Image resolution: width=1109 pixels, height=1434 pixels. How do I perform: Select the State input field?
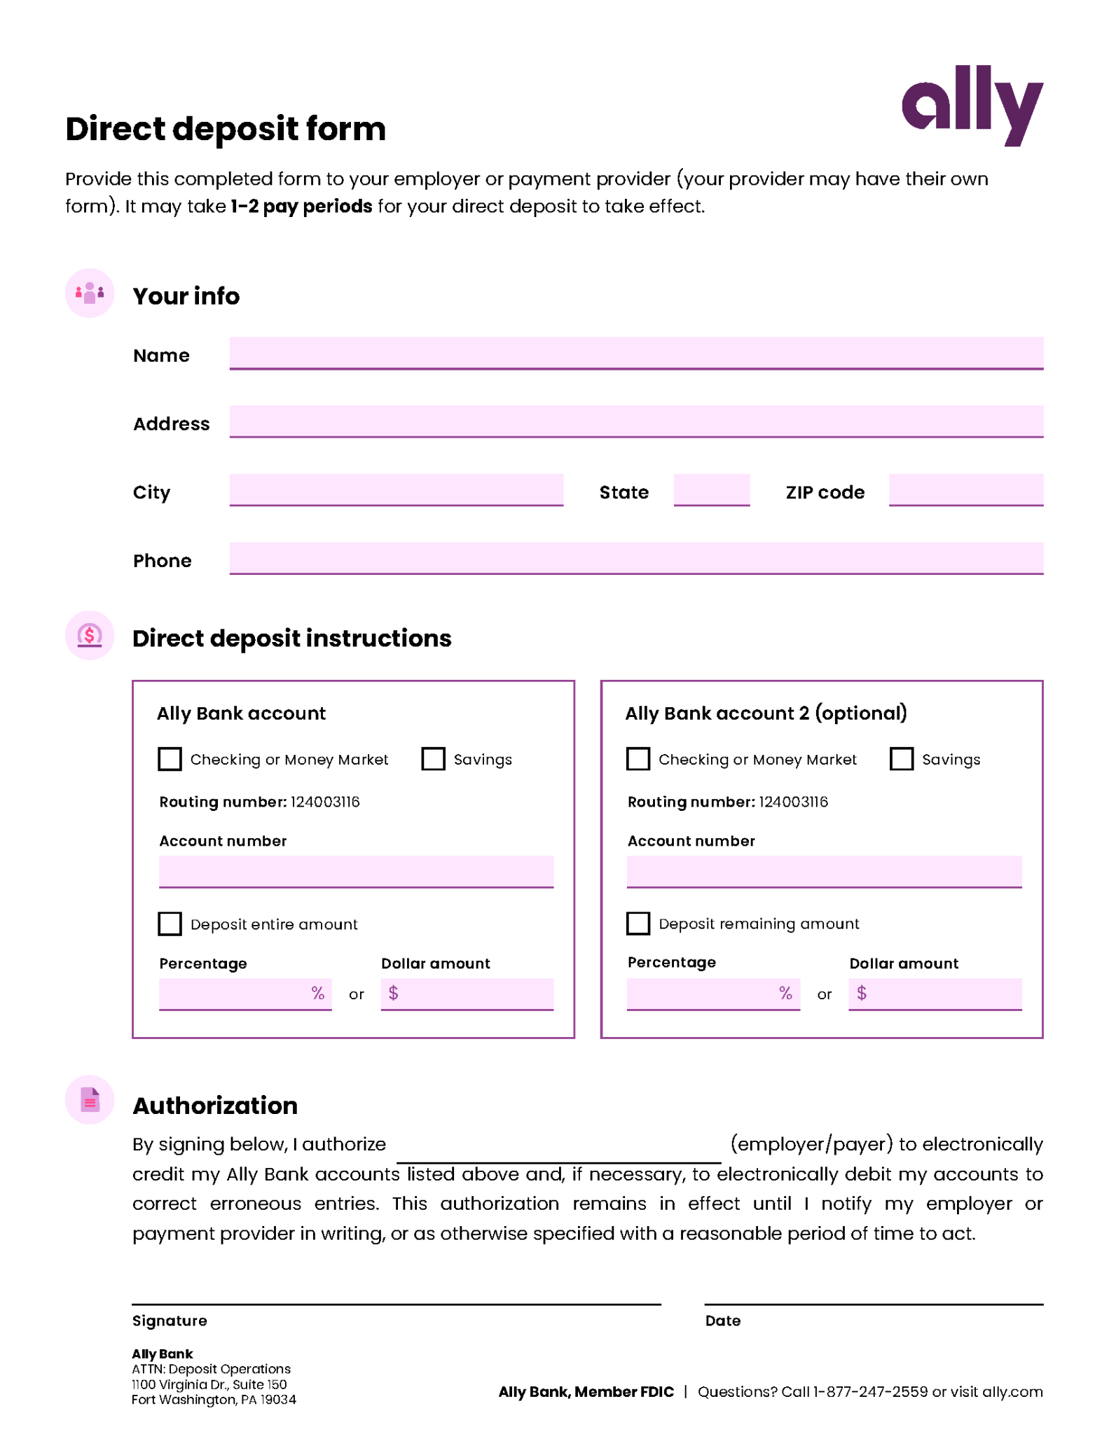coord(711,489)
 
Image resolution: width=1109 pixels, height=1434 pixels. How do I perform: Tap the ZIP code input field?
coord(965,489)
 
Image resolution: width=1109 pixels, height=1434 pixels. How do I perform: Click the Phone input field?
coord(635,557)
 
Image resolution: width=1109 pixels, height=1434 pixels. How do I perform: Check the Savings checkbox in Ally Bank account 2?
coord(901,758)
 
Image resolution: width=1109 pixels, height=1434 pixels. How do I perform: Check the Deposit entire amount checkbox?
coord(170,923)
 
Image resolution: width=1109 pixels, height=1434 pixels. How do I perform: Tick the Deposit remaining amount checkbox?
coord(638,923)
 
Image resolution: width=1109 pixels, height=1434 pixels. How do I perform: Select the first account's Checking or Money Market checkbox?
coord(170,758)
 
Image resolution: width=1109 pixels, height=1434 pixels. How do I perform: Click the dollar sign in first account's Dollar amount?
coord(393,992)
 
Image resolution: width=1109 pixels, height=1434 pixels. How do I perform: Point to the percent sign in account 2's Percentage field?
coord(785,992)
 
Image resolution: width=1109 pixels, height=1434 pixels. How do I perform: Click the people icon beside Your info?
coord(90,293)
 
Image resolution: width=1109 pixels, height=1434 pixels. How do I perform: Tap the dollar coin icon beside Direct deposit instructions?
coord(90,635)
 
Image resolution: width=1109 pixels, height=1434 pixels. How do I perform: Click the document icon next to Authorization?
coord(90,1099)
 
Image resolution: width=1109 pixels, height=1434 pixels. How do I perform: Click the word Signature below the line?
coord(170,1320)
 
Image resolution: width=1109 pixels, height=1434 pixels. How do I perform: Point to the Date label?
coord(722,1320)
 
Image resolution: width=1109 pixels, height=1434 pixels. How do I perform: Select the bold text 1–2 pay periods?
coord(301,207)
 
